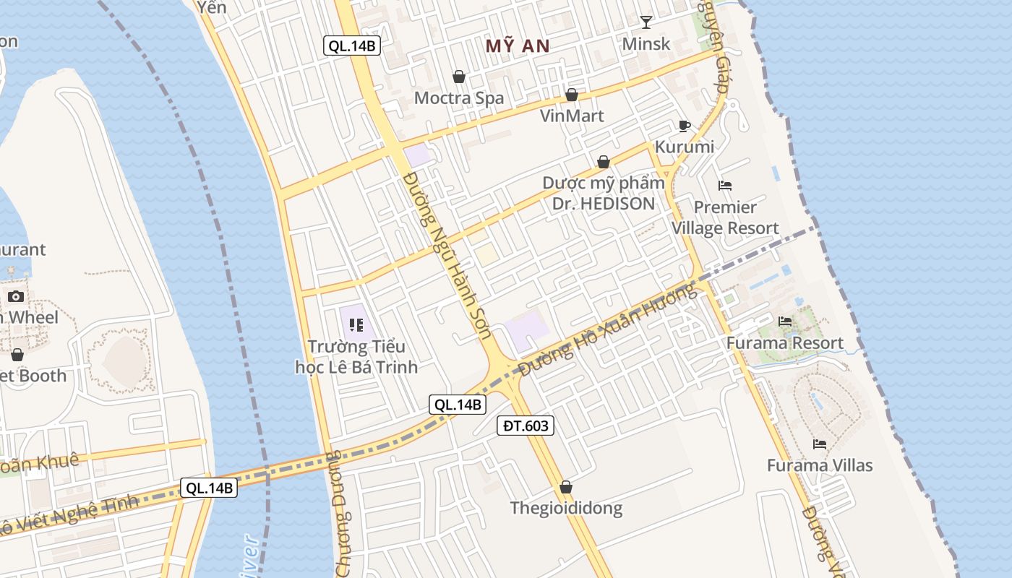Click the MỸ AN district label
[518, 46]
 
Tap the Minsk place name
[646, 44]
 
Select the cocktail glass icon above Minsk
[646, 22]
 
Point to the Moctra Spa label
[459, 98]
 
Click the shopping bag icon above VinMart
[572, 95]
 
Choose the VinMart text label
[572, 116]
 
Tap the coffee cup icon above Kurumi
[685, 126]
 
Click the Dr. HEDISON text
[604, 204]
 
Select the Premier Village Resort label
[725, 217]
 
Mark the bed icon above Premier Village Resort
[725, 186]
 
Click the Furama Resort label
[785, 342]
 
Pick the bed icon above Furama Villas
[820, 444]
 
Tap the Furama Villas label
[820, 465]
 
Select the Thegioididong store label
[566, 508]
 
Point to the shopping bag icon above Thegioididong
[566, 487]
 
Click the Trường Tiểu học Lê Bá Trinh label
[356, 357]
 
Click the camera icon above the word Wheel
[16, 296]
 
